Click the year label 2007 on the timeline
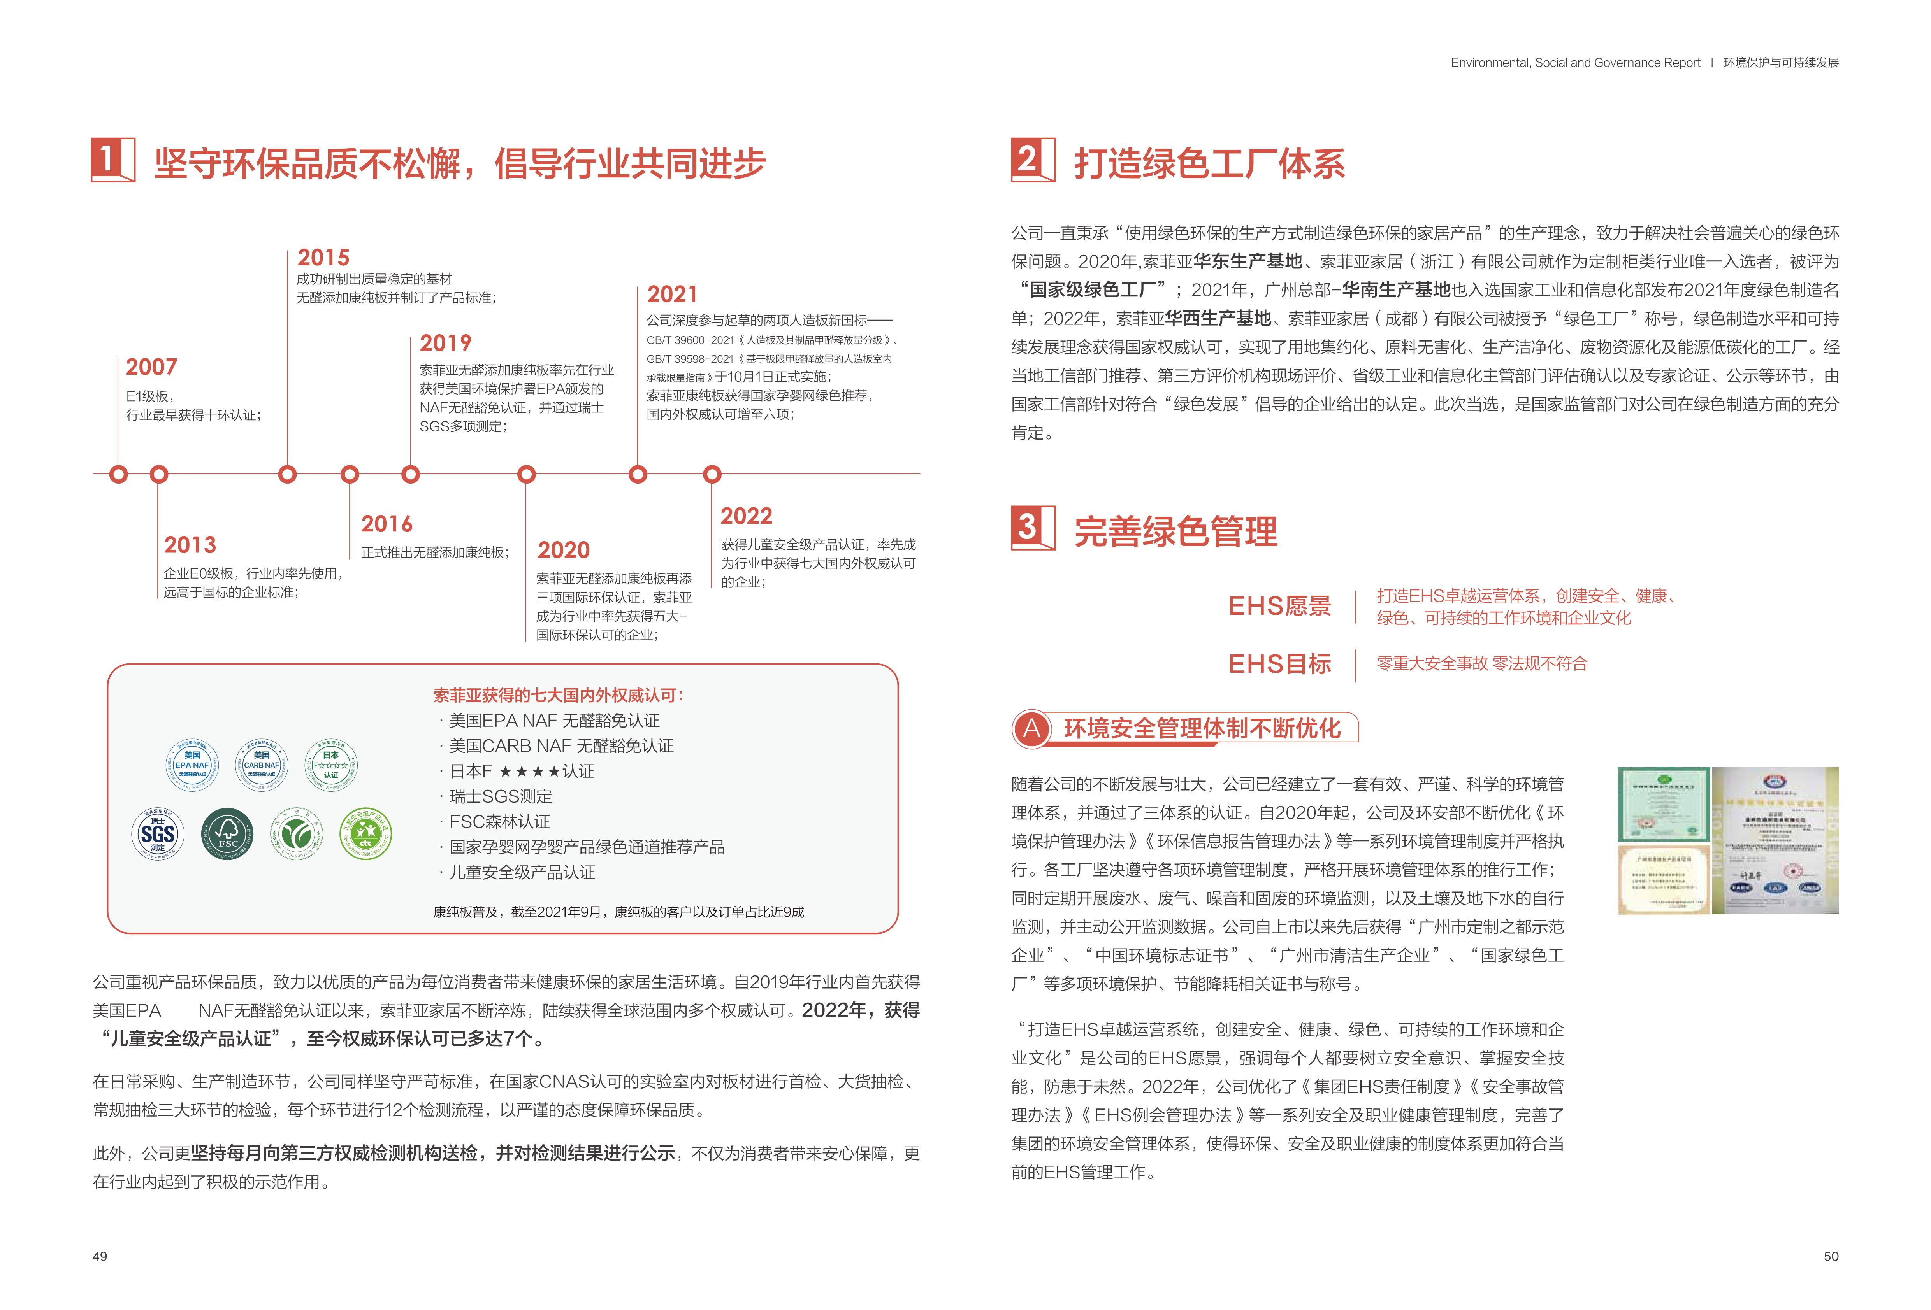click(x=151, y=367)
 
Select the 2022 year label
click(x=746, y=517)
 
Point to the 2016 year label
click(x=387, y=524)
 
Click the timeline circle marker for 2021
click(x=637, y=474)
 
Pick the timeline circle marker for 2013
click(x=159, y=474)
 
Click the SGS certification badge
click(x=158, y=834)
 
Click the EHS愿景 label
click(x=1279, y=607)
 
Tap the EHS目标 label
click(x=1279, y=664)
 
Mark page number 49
click(x=100, y=1256)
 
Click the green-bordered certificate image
click(x=1664, y=804)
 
